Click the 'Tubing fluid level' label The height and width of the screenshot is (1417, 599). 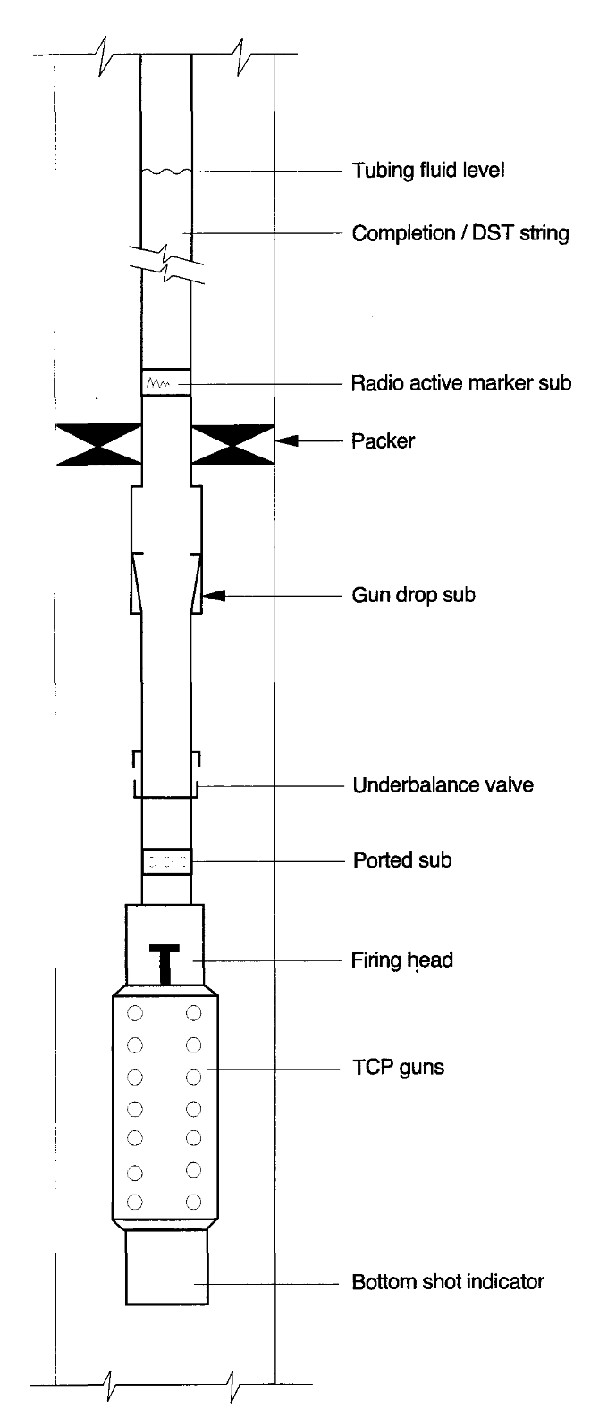[428, 171]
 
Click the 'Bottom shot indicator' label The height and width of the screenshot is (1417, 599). [447, 1282]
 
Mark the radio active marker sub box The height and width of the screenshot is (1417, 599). [166, 383]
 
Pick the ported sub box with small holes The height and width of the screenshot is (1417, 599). [166, 862]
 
